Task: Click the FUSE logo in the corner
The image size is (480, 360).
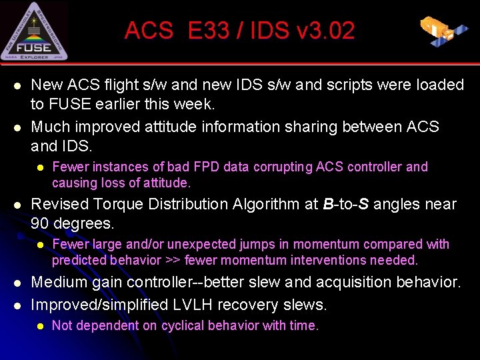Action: (x=34, y=31)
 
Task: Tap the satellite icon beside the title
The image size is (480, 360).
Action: (x=443, y=29)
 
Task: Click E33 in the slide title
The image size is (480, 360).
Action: (x=208, y=31)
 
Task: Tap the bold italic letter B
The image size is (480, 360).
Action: (x=327, y=204)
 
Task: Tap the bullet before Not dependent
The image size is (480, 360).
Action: (x=40, y=326)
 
